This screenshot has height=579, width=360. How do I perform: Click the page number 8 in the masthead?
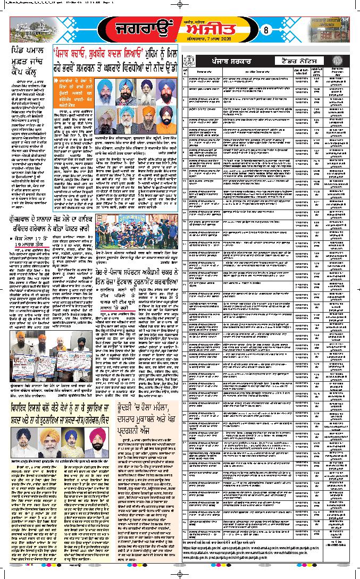coord(267,30)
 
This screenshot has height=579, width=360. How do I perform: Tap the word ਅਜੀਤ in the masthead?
coord(228,31)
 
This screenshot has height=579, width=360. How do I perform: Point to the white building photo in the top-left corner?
coord(30,28)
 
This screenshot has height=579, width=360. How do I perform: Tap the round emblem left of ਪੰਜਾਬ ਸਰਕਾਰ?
coord(187,62)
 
